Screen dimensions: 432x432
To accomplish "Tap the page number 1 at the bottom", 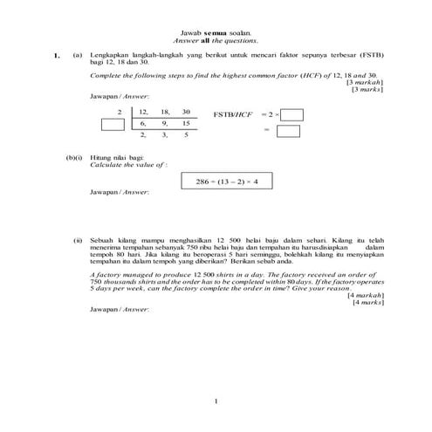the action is (216, 401).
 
